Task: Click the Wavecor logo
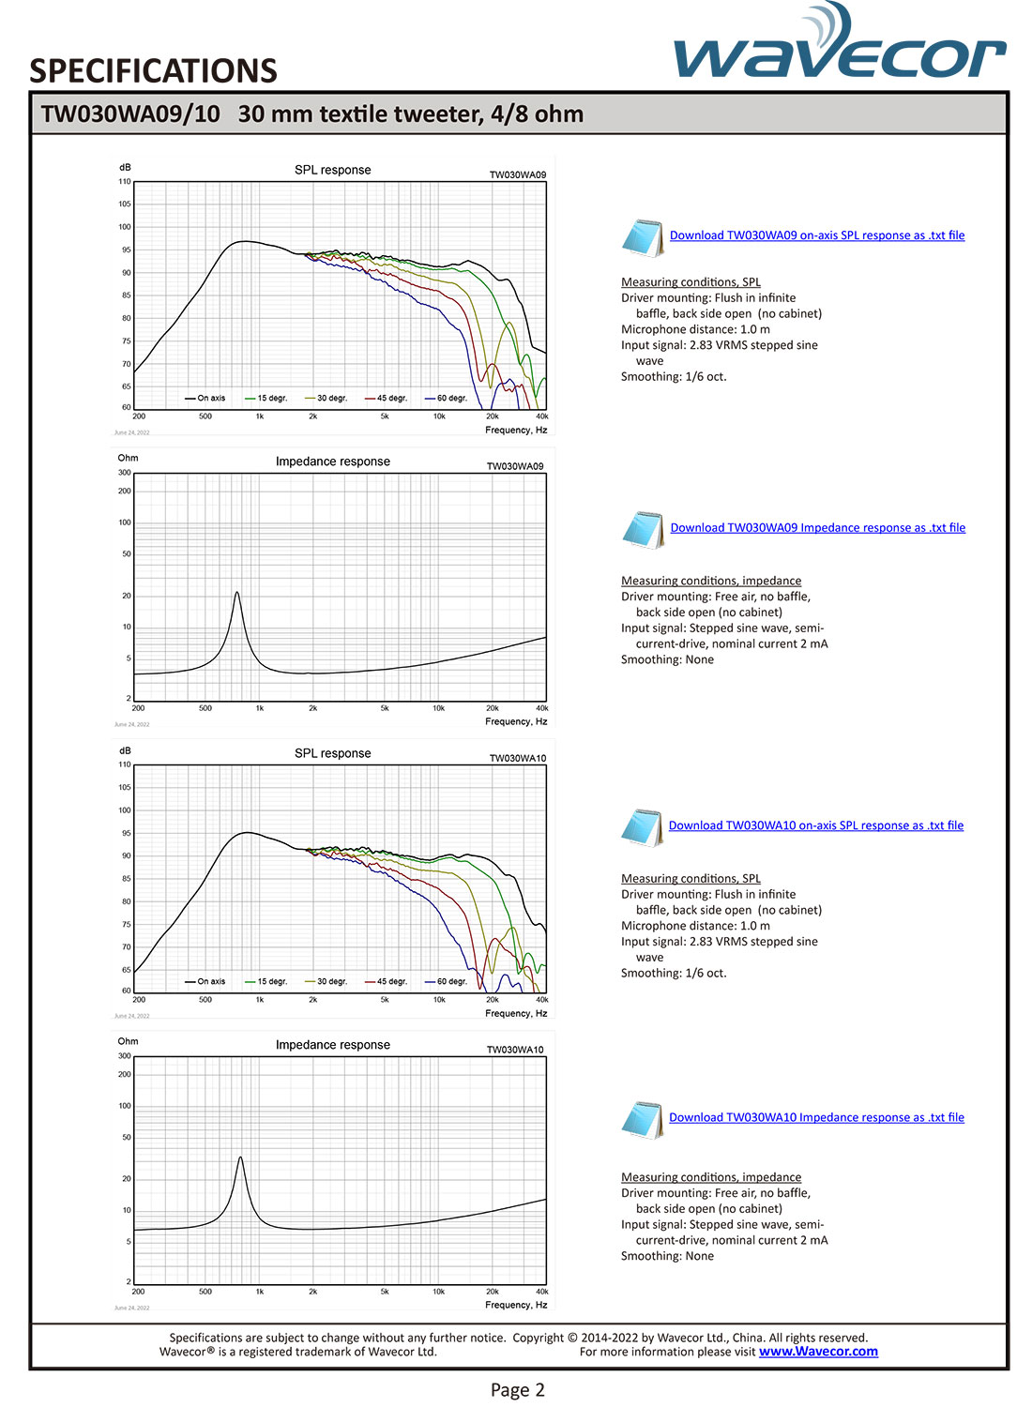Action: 839,47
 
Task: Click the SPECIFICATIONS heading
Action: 153,71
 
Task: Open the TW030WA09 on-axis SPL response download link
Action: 816,235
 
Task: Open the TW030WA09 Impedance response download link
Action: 817,528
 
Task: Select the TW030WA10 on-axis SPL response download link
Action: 815,825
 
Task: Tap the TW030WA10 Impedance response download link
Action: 816,1117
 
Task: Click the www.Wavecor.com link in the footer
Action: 818,1352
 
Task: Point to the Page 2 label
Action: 517,1390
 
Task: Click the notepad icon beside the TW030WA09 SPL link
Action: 643,237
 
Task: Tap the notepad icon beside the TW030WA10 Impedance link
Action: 643,1119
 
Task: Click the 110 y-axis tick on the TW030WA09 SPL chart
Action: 125,182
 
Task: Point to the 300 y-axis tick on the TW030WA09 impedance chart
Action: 125,473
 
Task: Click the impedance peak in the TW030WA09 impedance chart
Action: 236,593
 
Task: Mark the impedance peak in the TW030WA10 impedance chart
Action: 240,1157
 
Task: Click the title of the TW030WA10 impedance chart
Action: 332,1045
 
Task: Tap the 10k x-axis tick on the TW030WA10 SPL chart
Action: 438,1000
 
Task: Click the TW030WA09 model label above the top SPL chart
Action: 517,175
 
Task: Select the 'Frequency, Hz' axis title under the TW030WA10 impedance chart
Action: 516,1305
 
